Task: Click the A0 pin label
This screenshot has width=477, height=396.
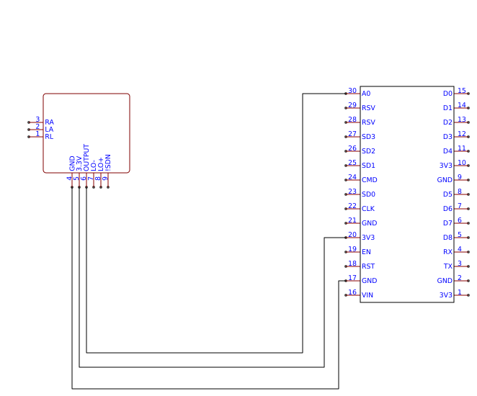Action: point(366,94)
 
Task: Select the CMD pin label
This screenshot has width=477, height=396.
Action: point(369,180)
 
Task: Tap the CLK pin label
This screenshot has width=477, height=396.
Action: point(367,209)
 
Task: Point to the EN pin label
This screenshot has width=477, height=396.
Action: point(366,252)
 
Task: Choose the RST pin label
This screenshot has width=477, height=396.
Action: point(367,266)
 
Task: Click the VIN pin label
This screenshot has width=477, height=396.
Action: point(367,295)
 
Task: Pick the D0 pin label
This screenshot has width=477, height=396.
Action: point(447,94)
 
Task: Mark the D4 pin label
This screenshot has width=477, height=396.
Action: point(447,151)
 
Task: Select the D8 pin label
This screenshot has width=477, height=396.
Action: point(447,238)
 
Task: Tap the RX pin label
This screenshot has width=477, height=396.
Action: point(447,252)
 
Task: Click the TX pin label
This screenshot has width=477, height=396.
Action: point(447,266)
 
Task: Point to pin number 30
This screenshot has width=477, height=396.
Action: point(352,91)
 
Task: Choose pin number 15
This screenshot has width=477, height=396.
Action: point(462,91)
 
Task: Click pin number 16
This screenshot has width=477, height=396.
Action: point(352,292)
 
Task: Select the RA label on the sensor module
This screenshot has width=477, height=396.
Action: point(49,122)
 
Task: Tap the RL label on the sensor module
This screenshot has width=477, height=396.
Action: point(49,137)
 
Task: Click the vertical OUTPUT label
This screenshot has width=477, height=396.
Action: point(86,157)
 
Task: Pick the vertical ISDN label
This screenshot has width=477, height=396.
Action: point(108,162)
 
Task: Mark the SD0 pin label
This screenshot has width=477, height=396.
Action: point(368,194)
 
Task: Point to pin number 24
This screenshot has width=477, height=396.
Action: point(352,177)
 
